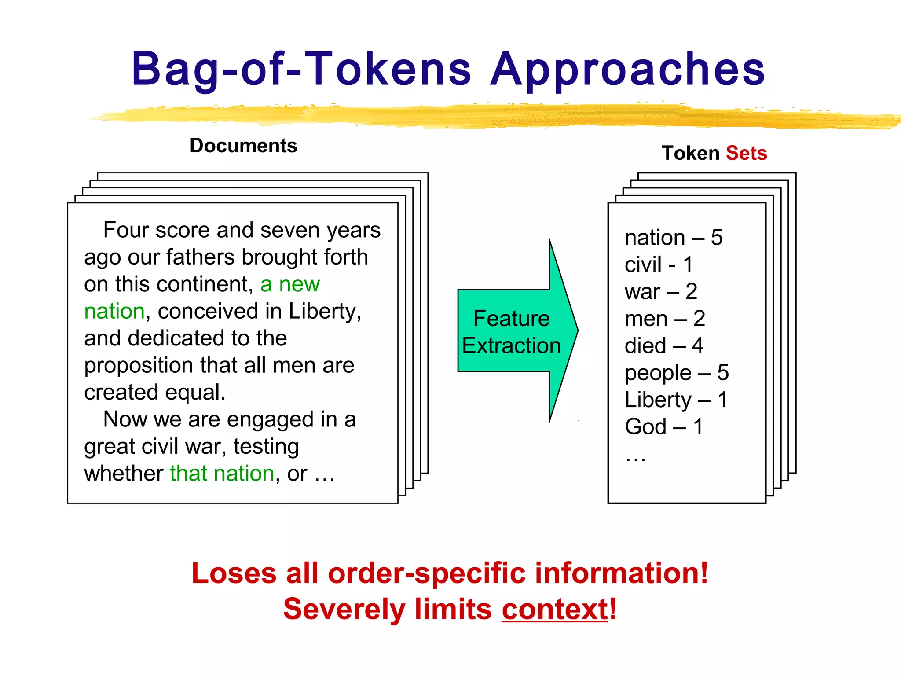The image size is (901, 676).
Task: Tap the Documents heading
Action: coord(243,146)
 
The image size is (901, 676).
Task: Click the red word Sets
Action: coord(746,153)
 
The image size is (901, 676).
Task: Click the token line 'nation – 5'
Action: coord(673,238)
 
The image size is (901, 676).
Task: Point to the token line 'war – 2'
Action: coord(660,292)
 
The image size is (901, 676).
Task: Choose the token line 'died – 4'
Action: coord(663,345)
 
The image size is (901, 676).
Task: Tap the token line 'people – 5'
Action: coord(676,373)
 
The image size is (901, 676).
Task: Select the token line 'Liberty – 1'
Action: coord(676,400)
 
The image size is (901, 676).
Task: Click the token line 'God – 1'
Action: coord(663,427)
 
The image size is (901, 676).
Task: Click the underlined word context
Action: coord(555,610)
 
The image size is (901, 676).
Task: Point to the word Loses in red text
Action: coord(234,573)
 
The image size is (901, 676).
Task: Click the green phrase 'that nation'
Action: coord(222,474)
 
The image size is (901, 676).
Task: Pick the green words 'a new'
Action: coord(289,284)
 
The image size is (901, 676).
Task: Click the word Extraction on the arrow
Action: coord(511,345)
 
